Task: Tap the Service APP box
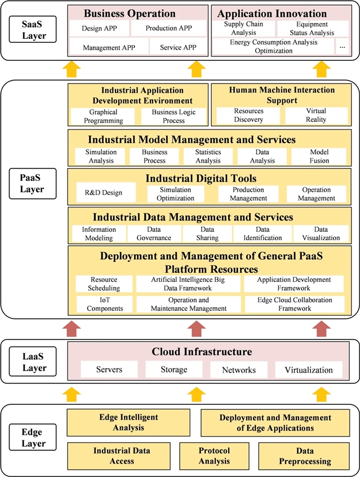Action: [x=178, y=47]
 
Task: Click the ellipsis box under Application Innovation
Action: [x=342, y=47]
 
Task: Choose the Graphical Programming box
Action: [x=103, y=116]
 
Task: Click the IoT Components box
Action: [x=105, y=304]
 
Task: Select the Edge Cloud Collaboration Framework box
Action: [x=294, y=304]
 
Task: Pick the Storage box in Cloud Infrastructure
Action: [x=173, y=370]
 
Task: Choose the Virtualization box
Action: [x=309, y=370]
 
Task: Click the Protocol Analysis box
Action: [x=214, y=456]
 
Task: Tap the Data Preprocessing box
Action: [x=305, y=456]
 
